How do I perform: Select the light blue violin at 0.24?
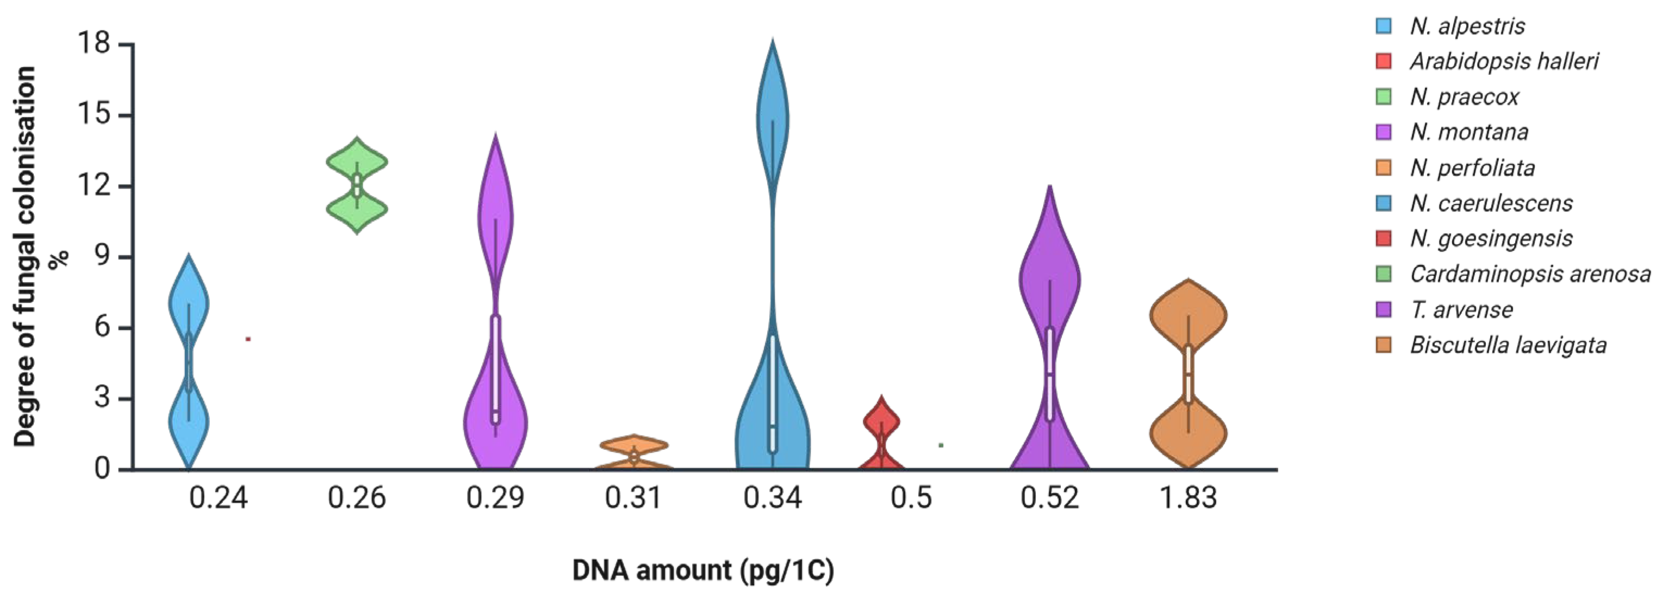point(189,303)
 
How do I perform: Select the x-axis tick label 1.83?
point(1188,498)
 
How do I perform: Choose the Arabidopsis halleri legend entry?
point(1503,62)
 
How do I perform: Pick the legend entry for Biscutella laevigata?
point(1508,345)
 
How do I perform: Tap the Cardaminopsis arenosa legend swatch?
point(1383,274)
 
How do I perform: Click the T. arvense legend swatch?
point(1383,310)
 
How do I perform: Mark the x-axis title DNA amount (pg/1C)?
point(702,570)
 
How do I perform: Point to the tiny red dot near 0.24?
point(248,338)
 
